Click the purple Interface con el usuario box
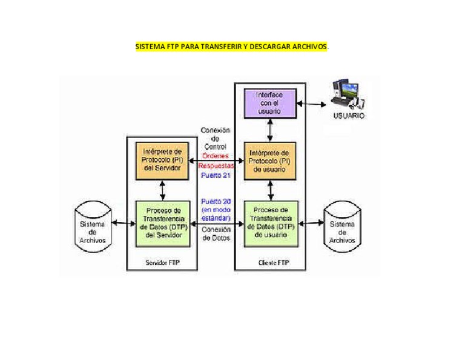point(269,103)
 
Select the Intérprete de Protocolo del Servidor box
point(162,159)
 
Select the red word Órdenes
point(215,155)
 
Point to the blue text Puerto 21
point(216,175)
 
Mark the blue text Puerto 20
point(216,201)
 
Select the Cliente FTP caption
point(269,263)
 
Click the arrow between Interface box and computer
point(312,104)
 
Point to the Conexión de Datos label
point(216,234)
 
